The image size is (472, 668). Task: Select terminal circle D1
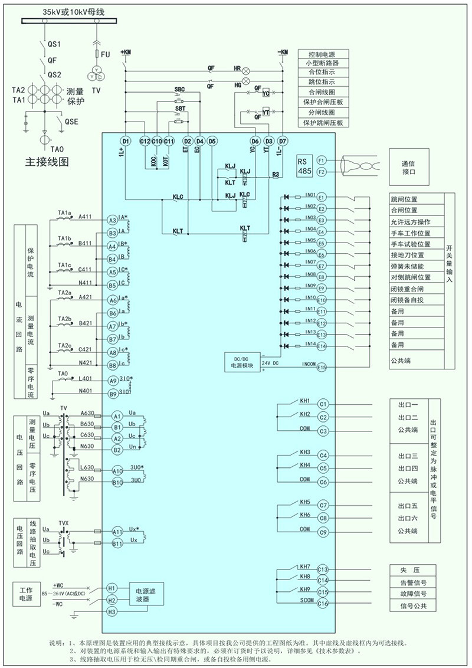(125, 141)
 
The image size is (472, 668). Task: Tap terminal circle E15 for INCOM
(322, 367)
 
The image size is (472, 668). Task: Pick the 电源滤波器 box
(146, 594)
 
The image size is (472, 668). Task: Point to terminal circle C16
(322, 603)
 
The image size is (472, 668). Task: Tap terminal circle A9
(113, 381)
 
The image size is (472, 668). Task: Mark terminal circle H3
(112, 612)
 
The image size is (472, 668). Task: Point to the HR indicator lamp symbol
(247, 69)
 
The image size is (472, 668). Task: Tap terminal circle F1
(322, 161)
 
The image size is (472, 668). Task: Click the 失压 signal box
(413, 571)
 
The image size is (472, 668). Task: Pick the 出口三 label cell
(408, 457)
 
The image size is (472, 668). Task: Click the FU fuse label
(106, 54)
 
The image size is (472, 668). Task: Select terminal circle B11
(117, 543)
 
